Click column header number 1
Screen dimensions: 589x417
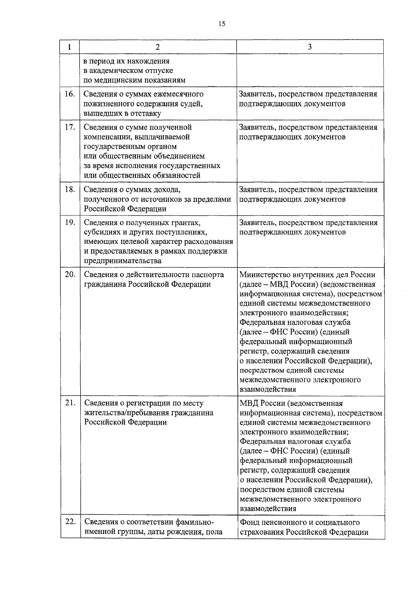(x=70, y=47)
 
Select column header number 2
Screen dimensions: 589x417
(x=158, y=47)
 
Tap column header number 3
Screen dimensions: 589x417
(x=310, y=47)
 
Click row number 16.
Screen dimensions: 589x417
(x=70, y=94)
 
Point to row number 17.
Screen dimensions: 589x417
(x=70, y=127)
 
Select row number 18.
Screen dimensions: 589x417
(x=70, y=189)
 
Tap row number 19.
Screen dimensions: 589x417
(x=70, y=222)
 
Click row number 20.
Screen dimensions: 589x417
(x=70, y=274)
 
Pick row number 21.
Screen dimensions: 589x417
(x=70, y=403)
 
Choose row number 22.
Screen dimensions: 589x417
(x=70, y=522)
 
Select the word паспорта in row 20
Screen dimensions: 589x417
(x=208, y=275)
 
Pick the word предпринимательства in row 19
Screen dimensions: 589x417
(x=123, y=261)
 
